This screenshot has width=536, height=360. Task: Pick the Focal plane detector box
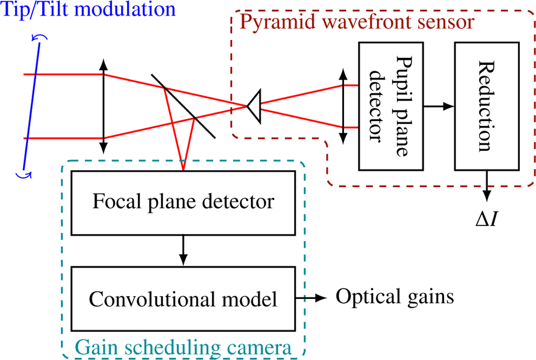pos(183,202)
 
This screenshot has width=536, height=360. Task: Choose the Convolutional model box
pos(183,298)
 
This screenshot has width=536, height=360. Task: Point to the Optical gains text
pos(395,296)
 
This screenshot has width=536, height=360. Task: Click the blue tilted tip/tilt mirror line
pos(32,106)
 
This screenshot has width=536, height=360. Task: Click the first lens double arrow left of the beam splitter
pos(103,106)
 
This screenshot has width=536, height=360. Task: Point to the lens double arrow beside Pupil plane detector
pos(343,106)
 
